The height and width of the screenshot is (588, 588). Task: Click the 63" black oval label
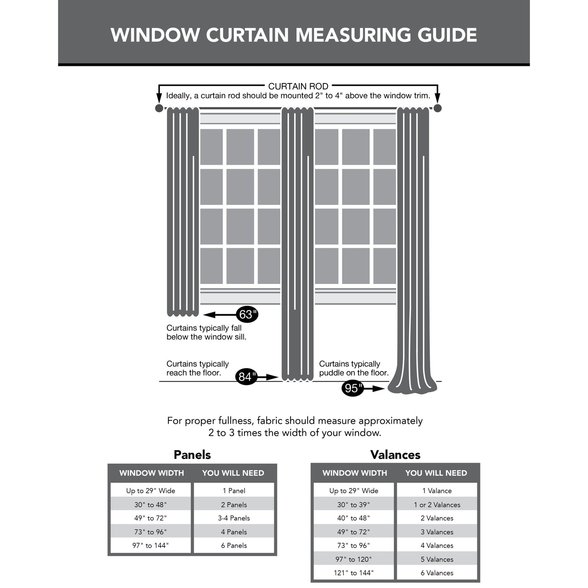(247, 315)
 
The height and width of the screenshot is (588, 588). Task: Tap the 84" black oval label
(246, 377)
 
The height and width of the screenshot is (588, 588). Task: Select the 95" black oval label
(352, 388)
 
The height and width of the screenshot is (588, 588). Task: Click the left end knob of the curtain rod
(159, 108)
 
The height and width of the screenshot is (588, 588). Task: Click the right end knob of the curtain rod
(437, 108)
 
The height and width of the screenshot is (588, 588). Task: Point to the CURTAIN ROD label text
(298, 86)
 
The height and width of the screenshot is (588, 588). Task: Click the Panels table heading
(192, 455)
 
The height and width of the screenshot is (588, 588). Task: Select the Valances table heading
(395, 455)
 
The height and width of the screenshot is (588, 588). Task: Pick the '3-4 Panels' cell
(234, 518)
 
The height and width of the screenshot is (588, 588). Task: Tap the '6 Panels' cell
(234, 545)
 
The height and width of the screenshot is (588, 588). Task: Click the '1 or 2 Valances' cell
(437, 505)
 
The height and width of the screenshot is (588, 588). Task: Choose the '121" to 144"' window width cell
(354, 573)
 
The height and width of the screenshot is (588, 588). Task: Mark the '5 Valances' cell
(437, 559)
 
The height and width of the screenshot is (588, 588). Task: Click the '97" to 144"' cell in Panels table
(151, 545)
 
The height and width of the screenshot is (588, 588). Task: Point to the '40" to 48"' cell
(354, 518)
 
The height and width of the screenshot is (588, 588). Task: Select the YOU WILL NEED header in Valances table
(436, 473)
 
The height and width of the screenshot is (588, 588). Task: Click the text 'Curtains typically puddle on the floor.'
(354, 368)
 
